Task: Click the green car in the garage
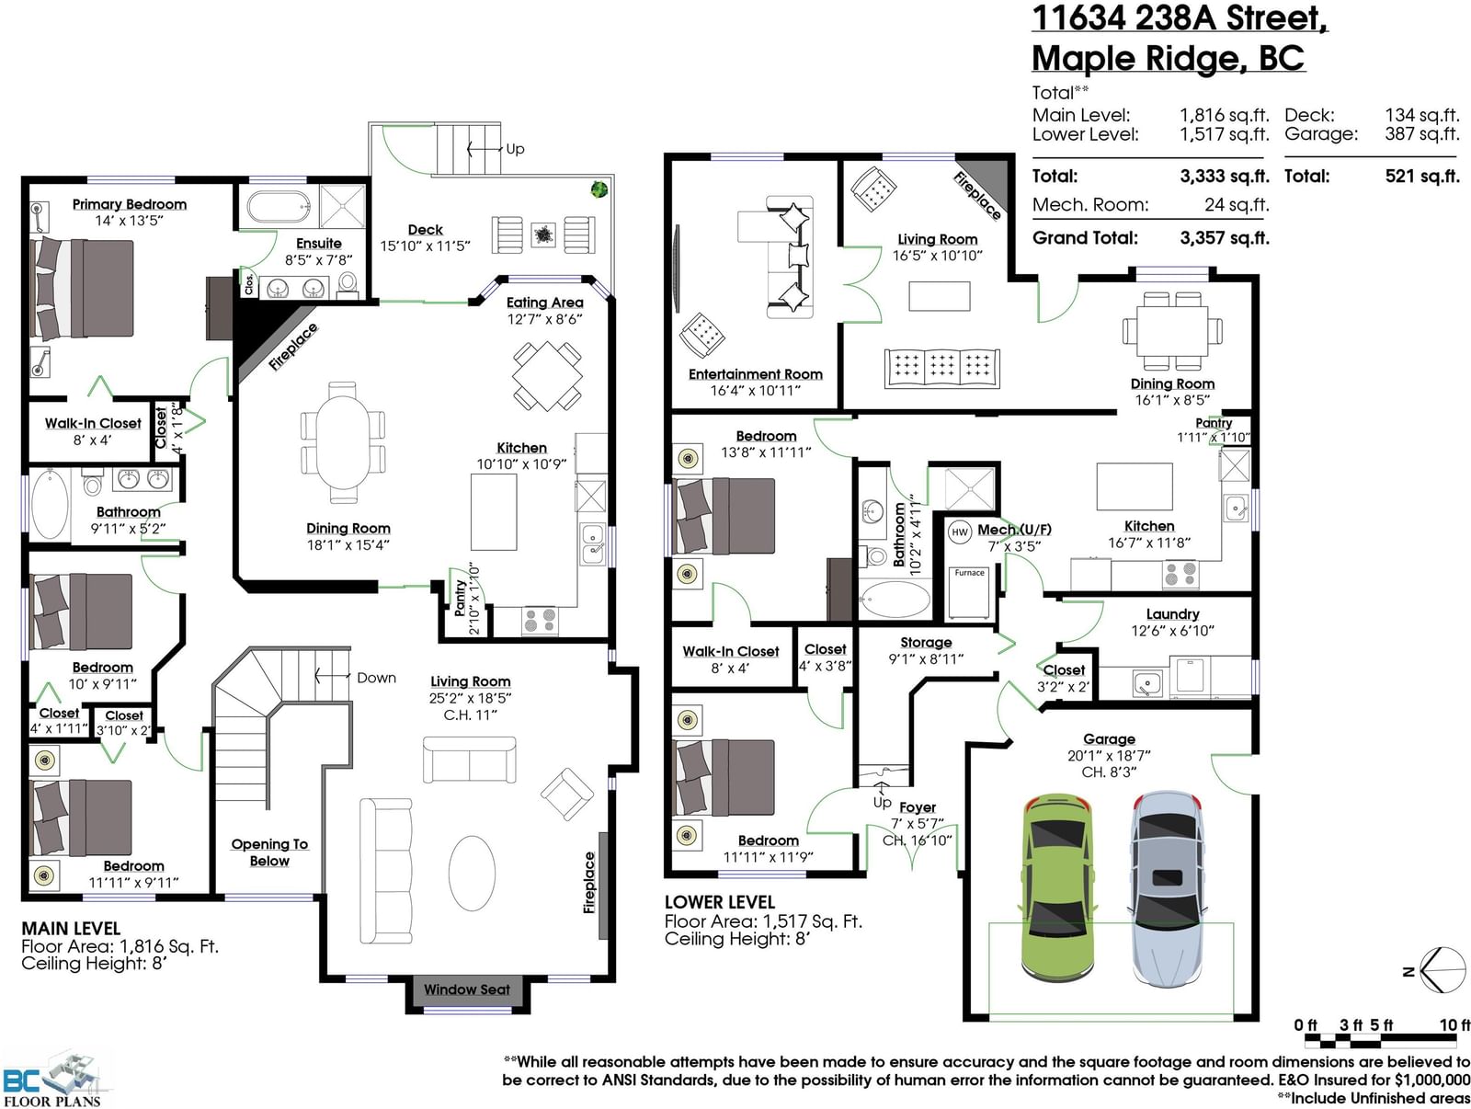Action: (x=1057, y=888)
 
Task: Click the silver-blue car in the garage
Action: (x=1167, y=888)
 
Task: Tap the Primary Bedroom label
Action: (x=130, y=204)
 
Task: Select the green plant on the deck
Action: (x=599, y=189)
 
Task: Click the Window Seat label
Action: (x=466, y=989)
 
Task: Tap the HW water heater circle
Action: (x=960, y=532)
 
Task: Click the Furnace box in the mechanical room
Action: (x=969, y=592)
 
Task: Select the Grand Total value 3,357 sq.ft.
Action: (x=1225, y=238)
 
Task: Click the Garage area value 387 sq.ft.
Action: (x=1422, y=134)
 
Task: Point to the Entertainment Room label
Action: (x=756, y=374)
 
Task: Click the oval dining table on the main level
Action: (x=342, y=442)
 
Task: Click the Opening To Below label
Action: (x=269, y=852)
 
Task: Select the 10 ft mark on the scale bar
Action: (x=1455, y=1024)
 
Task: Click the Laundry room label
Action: (x=1172, y=613)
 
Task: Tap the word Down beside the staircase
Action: (x=376, y=678)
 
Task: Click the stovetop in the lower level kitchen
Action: (x=1180, y=574)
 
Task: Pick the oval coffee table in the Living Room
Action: (x=472, y=873)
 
